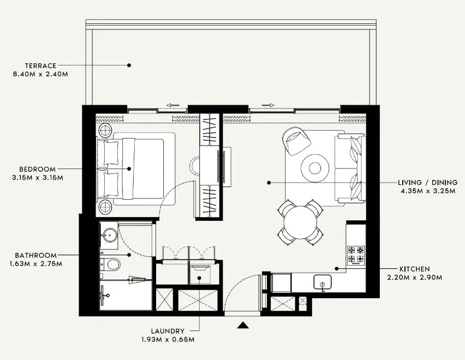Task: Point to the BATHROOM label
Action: tap(36, 255)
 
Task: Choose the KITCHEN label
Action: tap(414, 269)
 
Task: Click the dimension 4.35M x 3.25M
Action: tap(428, 190)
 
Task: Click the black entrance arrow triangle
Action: tap(243, 326)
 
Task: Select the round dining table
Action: tap(300, 221)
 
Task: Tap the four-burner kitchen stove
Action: tap(356, 254)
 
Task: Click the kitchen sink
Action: tap(323, 283)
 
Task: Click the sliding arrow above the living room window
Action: tap(267, 105)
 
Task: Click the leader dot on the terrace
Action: tap(129, 65)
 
